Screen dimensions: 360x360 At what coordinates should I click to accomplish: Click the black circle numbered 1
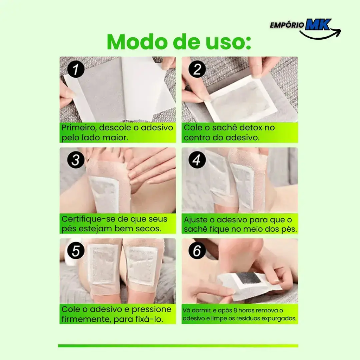point(76,69)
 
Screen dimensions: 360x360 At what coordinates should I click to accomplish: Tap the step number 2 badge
point(197,69)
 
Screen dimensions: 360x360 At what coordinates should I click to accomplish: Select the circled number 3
point(76,160)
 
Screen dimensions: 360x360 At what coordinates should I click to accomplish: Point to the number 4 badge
point(197,160)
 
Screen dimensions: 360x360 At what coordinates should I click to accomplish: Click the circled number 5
point(76,250)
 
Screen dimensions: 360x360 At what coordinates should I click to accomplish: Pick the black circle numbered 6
point(197,250)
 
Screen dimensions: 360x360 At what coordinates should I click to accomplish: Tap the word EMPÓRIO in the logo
point(287,25)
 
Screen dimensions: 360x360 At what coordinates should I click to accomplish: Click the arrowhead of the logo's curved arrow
point(337,32)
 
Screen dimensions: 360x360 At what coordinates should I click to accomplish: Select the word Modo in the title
point(137,42)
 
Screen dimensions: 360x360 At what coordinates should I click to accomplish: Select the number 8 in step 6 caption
point(235,310)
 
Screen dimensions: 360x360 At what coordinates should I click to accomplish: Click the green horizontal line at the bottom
point(178,346)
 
